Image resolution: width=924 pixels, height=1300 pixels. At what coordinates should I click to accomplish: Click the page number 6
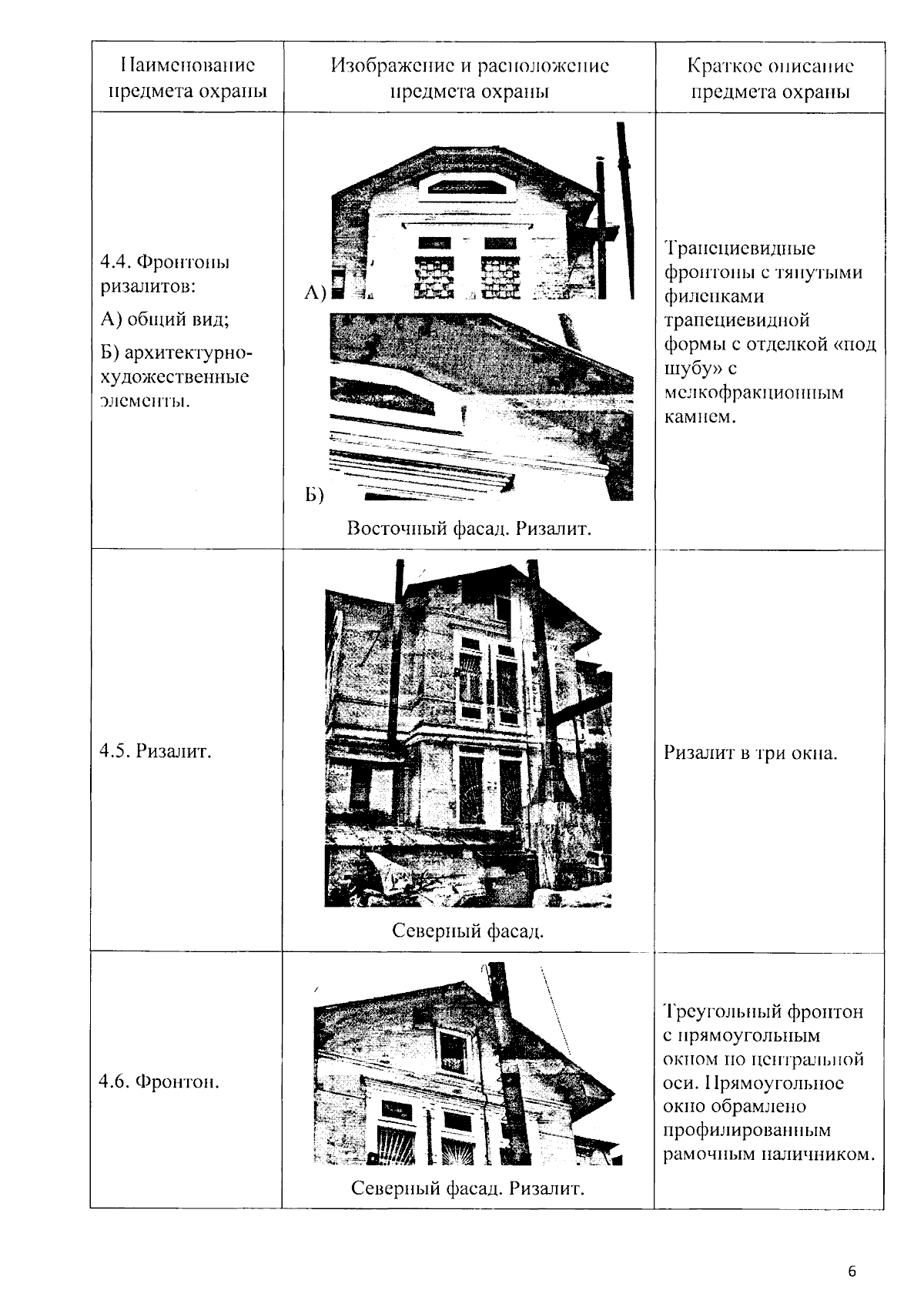tap(852, 1272)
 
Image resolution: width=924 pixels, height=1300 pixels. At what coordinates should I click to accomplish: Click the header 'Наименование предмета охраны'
tap(187, 78)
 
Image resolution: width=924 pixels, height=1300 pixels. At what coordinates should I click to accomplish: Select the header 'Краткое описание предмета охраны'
tap(770, 78)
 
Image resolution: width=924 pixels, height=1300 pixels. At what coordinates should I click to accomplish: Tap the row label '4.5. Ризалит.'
tap(156, 751)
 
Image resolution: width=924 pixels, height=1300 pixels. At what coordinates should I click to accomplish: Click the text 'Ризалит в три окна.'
tap(750, 753)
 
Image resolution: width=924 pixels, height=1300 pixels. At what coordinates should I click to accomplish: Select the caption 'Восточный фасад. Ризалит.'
tap(469, 530)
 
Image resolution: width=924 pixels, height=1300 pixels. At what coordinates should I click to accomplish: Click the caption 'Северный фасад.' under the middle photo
tap(468, 931)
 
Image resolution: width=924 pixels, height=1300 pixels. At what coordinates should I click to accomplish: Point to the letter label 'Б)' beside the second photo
tap(313, 495)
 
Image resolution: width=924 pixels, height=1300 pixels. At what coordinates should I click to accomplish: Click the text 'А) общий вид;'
tap(165, 319)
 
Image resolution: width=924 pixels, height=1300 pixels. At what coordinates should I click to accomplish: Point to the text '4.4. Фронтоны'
tap(165, 262)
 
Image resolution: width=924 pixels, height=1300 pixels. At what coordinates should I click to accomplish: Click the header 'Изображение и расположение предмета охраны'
tap(469, 78)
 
